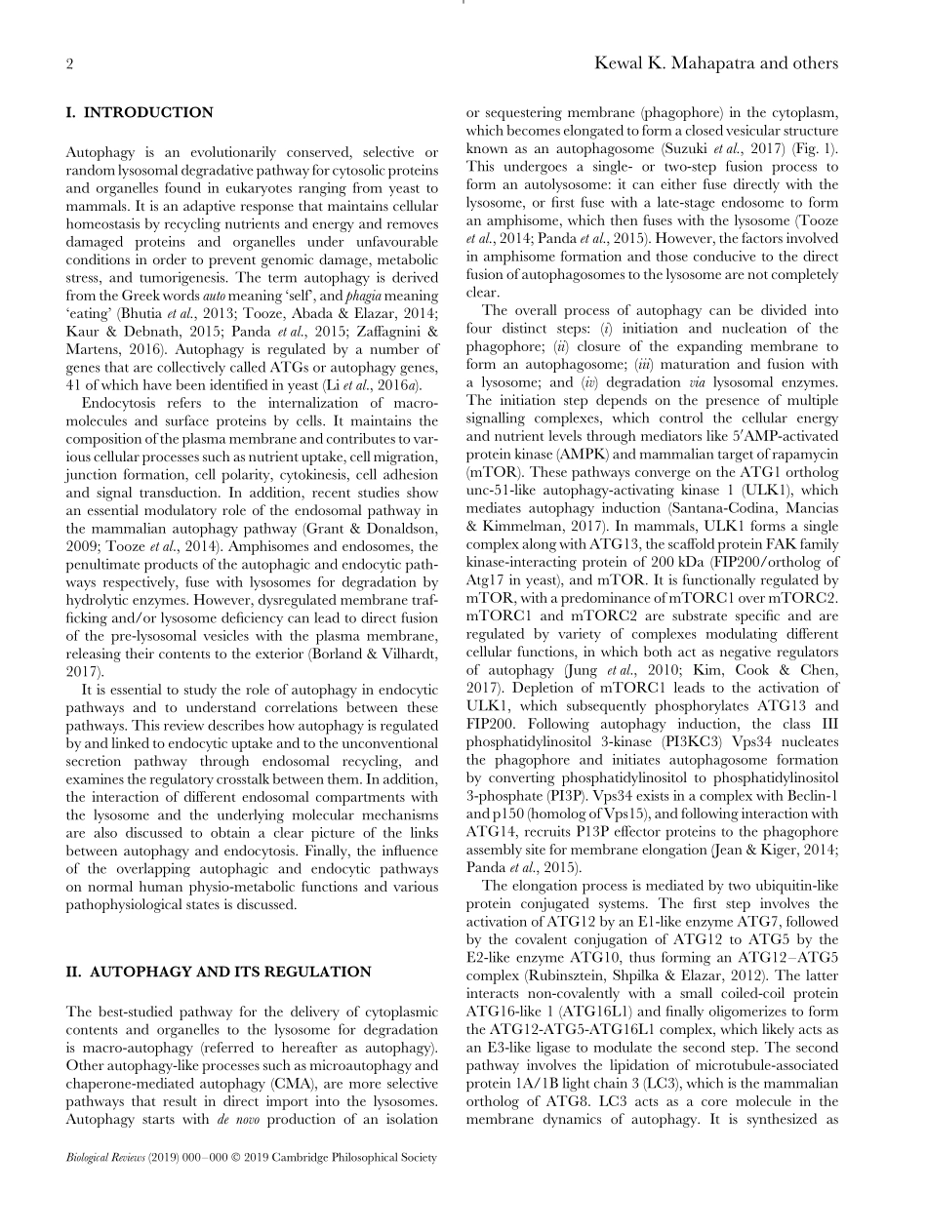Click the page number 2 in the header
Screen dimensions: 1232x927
coord(70,63)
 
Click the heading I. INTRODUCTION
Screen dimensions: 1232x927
coord(139,112)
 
